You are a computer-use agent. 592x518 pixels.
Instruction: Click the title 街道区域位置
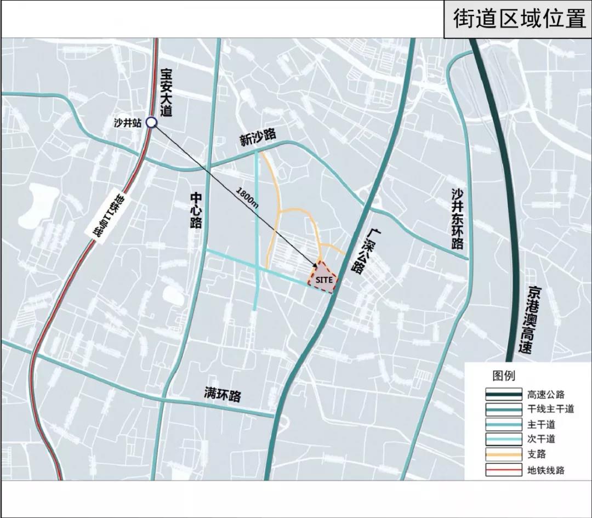pos(519,19)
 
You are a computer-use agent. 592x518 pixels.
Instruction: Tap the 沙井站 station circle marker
pos(152,124)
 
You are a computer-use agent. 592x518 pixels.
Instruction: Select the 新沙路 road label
pos(257,138)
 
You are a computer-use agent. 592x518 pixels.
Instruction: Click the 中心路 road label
pos(196,210)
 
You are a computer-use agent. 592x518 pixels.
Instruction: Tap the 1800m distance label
pos(248,196)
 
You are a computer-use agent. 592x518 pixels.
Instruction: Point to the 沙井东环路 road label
pos(458,219)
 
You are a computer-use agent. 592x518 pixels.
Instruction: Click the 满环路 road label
pos(223,394)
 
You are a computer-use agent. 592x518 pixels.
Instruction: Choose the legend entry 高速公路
pos(545,394)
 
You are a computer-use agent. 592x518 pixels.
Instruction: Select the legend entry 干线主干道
pos(549,409)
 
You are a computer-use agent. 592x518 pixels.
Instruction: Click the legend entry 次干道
pos(542,439)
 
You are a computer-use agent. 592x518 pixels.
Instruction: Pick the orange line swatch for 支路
pos(503,454)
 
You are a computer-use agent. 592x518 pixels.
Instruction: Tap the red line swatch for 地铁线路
pos(503,470)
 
